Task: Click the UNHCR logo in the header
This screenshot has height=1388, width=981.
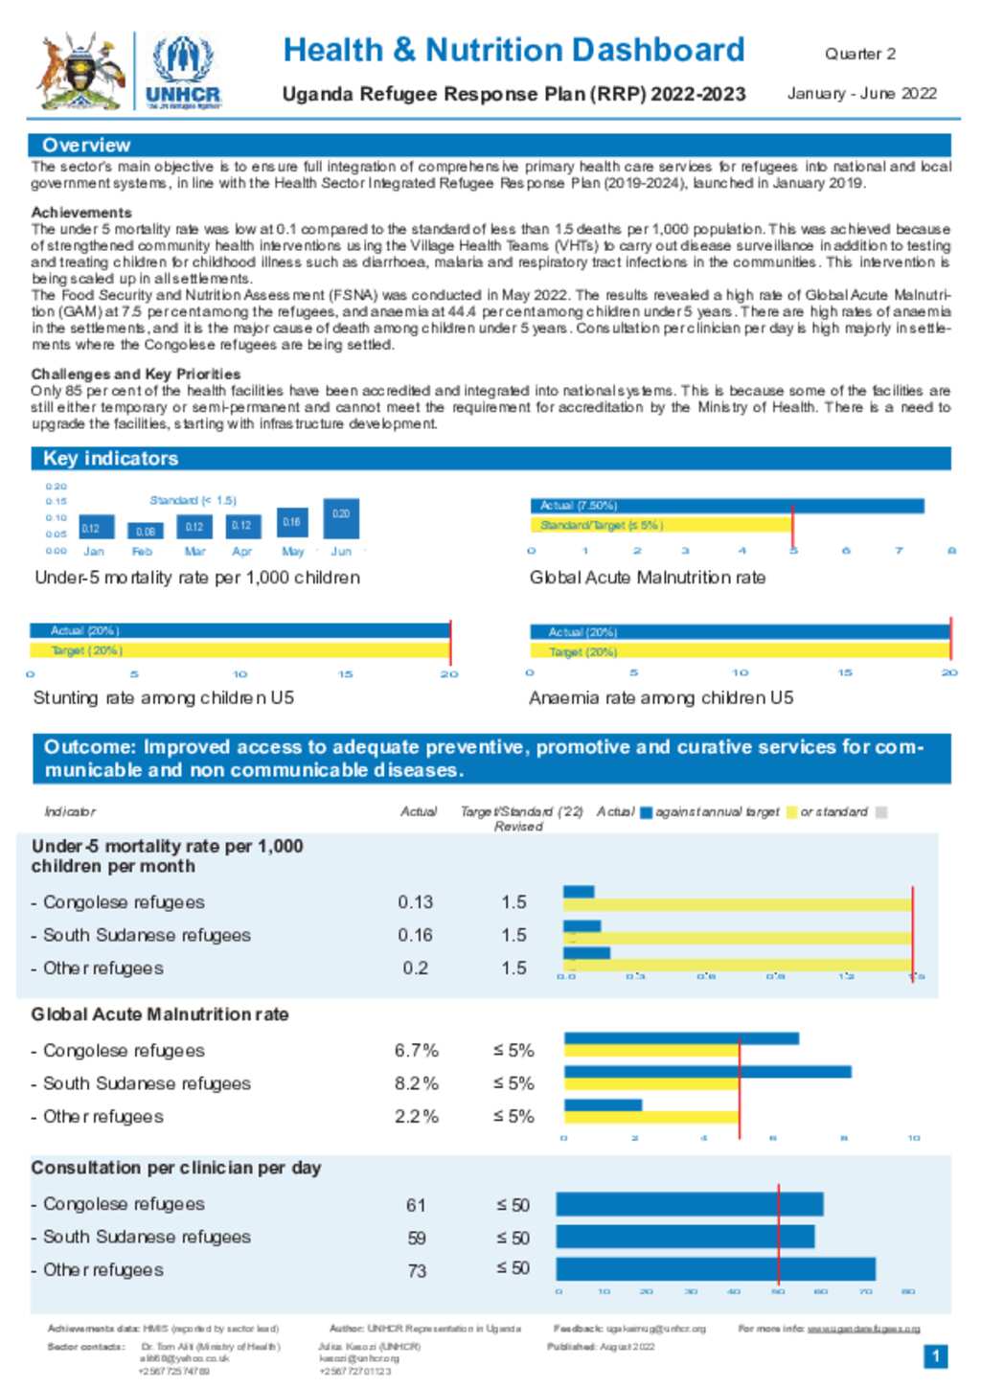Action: (183, 71)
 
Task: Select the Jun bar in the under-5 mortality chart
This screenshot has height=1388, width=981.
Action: (341, 518)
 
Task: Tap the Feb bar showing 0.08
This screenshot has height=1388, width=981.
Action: (145, 530)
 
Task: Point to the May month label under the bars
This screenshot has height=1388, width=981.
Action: (292, 552)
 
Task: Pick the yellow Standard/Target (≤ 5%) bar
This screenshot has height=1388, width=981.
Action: (661, 525)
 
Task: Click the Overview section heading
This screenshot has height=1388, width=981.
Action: (86, 146)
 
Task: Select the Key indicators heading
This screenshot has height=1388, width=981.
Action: (110, 459)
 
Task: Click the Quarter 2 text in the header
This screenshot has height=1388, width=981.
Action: (860, 54)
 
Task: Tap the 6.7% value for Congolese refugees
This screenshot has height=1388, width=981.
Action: (416, 1051)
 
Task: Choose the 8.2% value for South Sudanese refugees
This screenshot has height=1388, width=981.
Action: (416, 1083)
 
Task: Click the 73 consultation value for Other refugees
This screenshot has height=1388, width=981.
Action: (416, 1271)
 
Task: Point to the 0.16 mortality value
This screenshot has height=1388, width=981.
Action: (416, 935)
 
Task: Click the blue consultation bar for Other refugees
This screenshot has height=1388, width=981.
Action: (715, 1269)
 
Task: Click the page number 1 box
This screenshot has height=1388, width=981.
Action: (936, 1356)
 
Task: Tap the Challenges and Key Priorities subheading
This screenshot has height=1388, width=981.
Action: (136, 374)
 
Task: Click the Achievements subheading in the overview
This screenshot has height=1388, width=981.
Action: (81, 213)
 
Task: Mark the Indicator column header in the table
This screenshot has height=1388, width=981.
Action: (70, 812)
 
